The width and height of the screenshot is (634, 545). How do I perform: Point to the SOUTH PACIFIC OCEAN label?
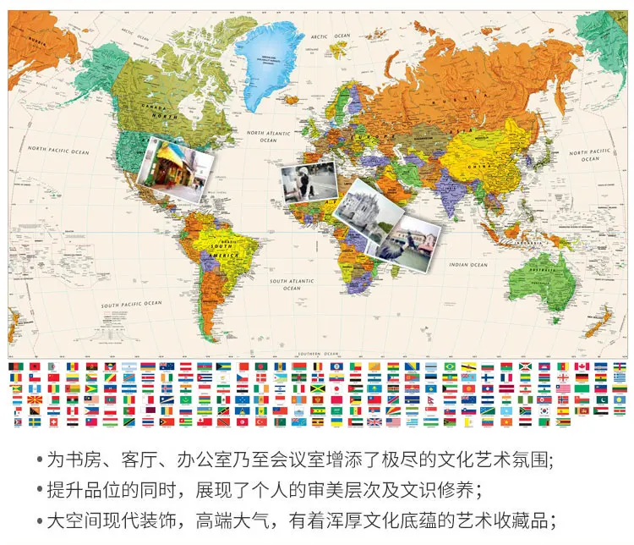point(131,304)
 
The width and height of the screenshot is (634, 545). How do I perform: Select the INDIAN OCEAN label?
point(469,265)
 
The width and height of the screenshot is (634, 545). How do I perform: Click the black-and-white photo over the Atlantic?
point(308,182)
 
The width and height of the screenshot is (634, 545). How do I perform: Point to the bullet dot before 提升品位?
point(39,489)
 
